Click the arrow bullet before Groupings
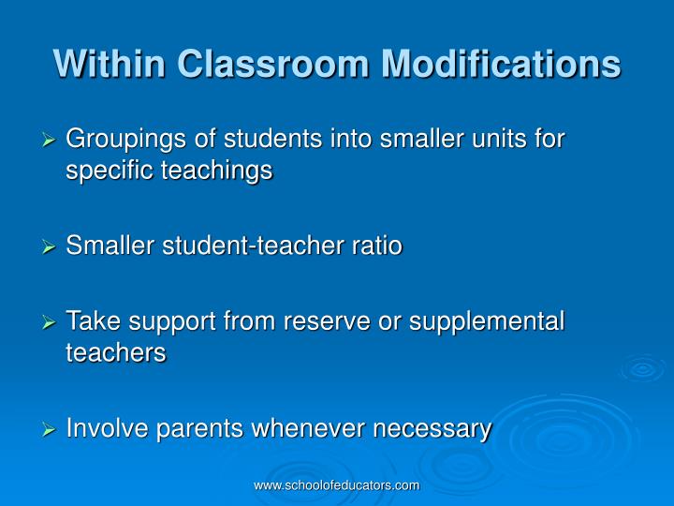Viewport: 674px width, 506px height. pyautogui.click(x=51, y=140)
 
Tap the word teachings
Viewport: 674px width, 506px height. pyautogui.click(x=217, y=171)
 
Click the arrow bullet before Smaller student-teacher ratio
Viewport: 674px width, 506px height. pyautogui.click(x=51, y=247)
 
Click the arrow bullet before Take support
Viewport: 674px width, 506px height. pyautogui.click(x=51, y=321)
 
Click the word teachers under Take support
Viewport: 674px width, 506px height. pyautogui.click(x=116, y=353)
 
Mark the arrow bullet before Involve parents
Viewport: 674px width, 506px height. pyautogui.click(x=51, y=429)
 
